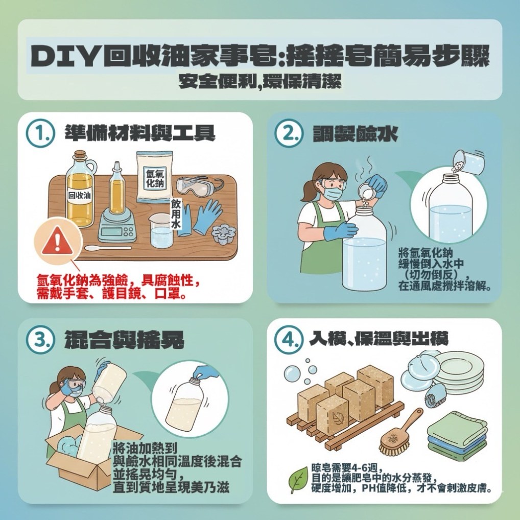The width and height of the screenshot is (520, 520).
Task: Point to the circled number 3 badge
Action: (x=40, y=339)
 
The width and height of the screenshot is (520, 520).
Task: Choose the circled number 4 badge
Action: (x=289, y=339)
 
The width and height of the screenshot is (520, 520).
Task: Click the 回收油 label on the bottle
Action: (x=80, y=195)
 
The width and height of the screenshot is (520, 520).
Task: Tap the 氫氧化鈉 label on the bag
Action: (x=155, y=178)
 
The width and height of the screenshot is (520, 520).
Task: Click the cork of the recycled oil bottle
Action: (x=80, y=156)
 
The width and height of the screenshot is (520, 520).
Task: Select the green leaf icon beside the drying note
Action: (x=299, y=480)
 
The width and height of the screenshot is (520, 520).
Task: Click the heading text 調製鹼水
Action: (x=355, y=134)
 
